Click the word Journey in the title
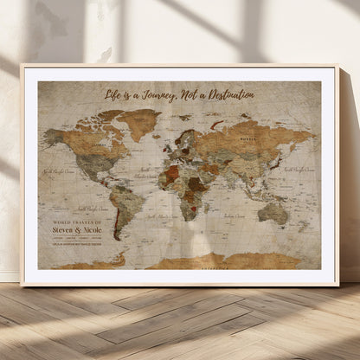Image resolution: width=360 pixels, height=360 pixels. pos(163,93)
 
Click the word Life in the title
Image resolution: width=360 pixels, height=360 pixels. pos(113,93)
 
